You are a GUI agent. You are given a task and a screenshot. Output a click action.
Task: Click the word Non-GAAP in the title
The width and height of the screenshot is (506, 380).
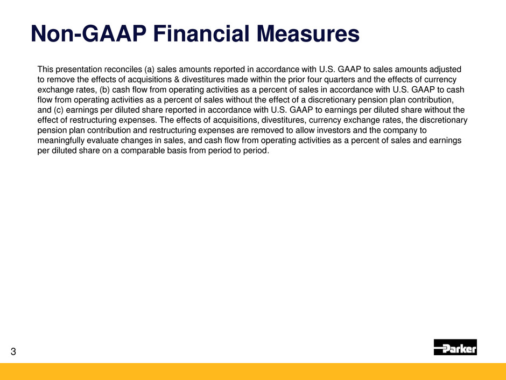point(88,33)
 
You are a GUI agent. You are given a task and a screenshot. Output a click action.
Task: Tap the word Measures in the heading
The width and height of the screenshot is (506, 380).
point(308,33)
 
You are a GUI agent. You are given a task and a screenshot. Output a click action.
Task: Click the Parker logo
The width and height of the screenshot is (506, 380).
point(455,347)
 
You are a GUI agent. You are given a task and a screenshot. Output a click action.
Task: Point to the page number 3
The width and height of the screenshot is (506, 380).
point(13,351)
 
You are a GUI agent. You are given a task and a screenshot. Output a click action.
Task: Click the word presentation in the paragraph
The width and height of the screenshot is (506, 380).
point(79,70)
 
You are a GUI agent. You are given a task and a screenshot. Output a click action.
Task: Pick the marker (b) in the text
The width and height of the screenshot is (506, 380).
point(105,90)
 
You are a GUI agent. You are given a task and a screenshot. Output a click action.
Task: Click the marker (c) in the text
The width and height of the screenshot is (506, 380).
point(59,110)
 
